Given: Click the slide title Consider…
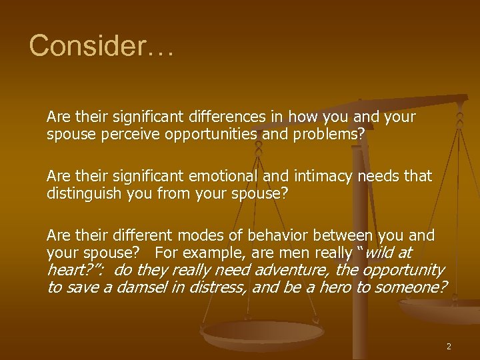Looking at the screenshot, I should point(101,46).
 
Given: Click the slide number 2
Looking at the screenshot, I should point(449,346).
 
